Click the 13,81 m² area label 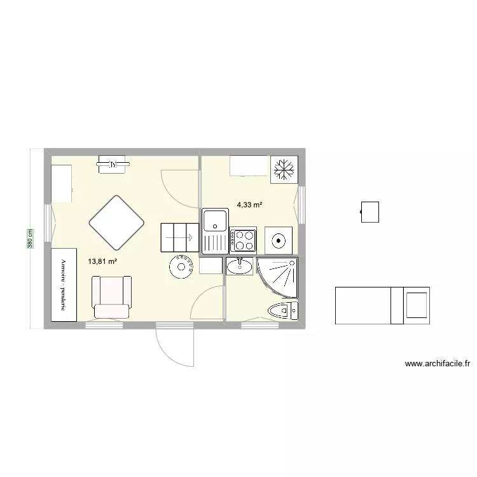tap(103, 261)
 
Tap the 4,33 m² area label tap(249, 205)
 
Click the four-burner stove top tap(243, 240)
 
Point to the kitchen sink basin tap(216, 221)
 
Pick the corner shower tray tap(280, 277)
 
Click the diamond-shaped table tap(116, 222)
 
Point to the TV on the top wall tap(113, 166)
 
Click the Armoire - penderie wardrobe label tap(64, 284)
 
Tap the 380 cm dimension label tap(29, 238)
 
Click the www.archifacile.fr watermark tap(437, 364)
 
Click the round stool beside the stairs tap(182, 267)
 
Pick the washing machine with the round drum tap(278, 240)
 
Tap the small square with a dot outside tap(370, 212)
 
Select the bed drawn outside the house tap(382, 305)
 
